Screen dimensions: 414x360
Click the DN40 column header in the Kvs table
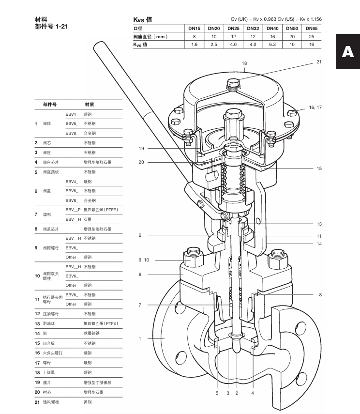[x=272, y=28]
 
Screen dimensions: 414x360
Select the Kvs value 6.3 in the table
[x=272, y=44]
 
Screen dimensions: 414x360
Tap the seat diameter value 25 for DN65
[x=311, y=36]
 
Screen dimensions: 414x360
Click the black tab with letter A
[x=347, y=52]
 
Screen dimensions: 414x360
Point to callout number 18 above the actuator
[x=244, y=63]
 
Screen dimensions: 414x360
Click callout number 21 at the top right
[x=319, y=61]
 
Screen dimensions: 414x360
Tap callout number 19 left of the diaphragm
[x=141, y=148]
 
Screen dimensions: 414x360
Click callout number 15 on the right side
[x=319, y=168]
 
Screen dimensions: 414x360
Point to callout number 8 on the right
[x=320, y=294]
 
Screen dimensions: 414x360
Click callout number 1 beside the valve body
[x=140, y=338]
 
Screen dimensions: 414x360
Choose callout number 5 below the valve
[x=217, y=393]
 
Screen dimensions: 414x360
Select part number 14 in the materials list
[x=37, y=333]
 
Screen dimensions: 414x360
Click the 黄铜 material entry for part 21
[x=88, y=402]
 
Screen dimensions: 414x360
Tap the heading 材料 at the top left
[x=41, y=19]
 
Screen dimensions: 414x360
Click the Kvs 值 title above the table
[x=143, y=19]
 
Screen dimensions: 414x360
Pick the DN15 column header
[x=194, y=28]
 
